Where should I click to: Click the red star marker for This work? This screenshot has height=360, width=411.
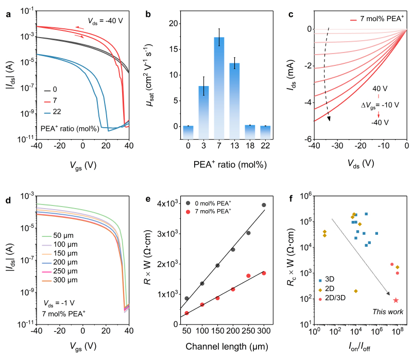point(396,300)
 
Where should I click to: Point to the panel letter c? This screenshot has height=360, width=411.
point(292,14)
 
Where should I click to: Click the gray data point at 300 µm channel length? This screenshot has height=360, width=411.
point(264,205)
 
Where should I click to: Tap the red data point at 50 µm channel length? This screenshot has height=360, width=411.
point(186,313)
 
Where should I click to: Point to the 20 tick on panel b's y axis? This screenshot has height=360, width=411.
point(175,24)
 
